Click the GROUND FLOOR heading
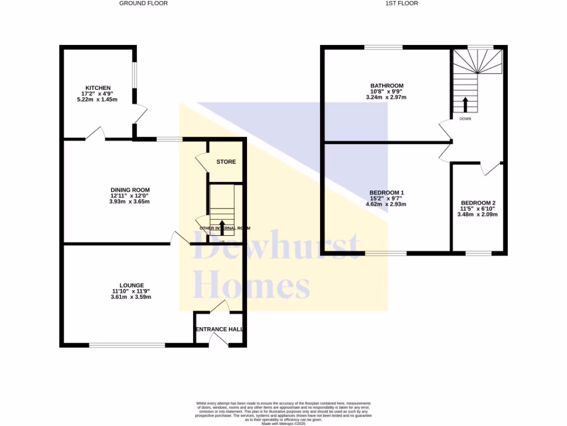click(143, 3)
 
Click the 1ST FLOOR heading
click(401, 3)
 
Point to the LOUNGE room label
click(131, 285)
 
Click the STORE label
click(226, 162)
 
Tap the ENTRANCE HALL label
click(219, 329)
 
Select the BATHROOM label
click(386, 85)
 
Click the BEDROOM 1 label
click(386, 192)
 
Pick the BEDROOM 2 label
click(478, 202)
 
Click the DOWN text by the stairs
click(465, 118)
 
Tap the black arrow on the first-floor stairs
click(465, 104)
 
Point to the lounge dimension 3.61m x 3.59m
click(131, 297)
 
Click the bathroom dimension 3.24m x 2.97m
click(386, 97)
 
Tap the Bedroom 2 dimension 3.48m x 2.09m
click(478, 214)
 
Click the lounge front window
click(127, 345)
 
